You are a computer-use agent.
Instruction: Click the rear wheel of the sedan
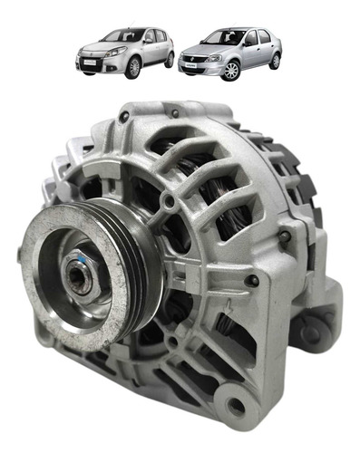(274, 62)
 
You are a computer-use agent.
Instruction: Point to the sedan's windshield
(222, 38)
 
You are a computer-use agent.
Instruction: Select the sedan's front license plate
(194, 65)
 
